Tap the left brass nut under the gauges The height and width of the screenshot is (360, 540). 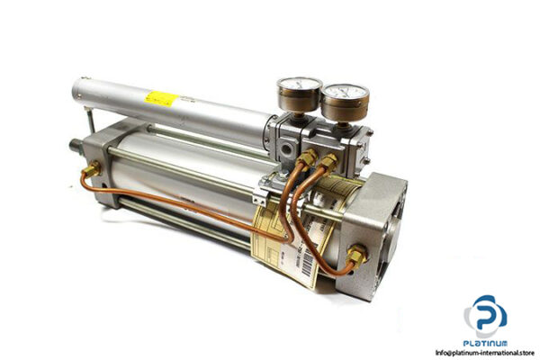(309, 160)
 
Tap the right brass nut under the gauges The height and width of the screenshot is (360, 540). (329, 161)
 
